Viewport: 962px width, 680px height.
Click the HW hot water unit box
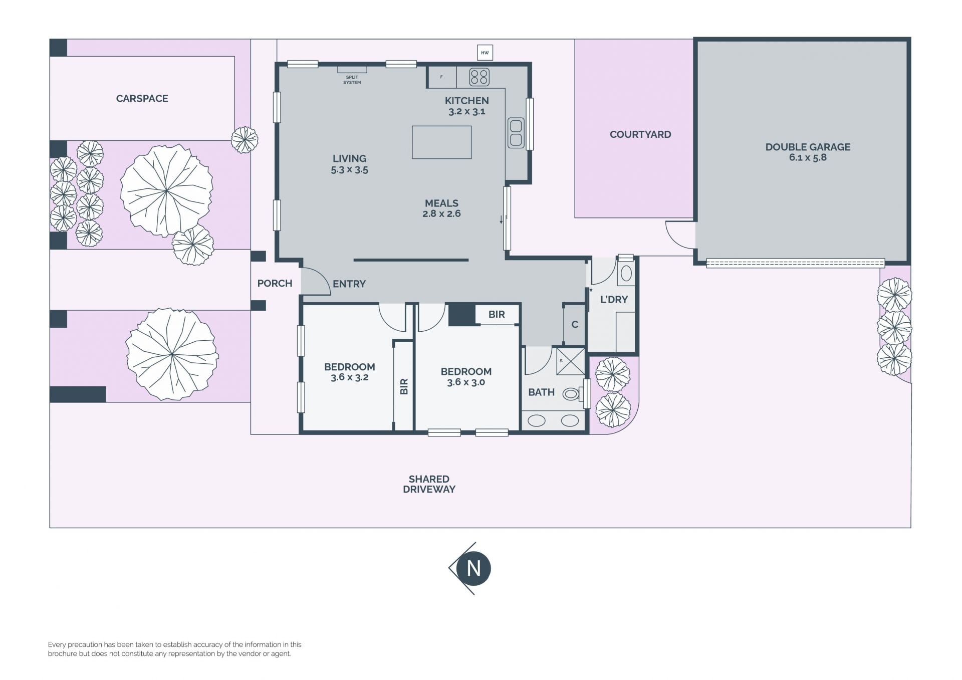click(x=485, y=53)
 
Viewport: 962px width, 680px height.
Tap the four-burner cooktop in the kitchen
click(x=479, y=77)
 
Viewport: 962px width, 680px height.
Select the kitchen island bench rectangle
click(x=441, y=142)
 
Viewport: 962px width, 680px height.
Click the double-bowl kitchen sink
click(x=516, y=133)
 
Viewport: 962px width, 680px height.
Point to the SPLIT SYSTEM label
click(x=352, y=80)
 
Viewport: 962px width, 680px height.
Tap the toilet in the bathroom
click(x=573, y=394)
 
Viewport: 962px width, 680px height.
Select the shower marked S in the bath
click(x=571, y=361)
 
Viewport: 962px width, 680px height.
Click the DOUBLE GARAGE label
click(x=808, y=147)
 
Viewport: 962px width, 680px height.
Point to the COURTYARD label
click(x=640, y=134)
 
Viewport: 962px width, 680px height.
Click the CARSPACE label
click(x=142, y=99)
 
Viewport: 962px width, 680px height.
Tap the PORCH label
click(x=275, y=284)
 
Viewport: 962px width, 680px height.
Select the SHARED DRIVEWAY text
click(x=429, y=484)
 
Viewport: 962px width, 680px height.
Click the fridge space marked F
click(x=441, y=77)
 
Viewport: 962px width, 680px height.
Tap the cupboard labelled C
click(x=575, y=324)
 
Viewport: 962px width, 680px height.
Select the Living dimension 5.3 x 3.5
click(x=349, y=170)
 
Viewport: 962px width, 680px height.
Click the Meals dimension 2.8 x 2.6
click(x=441, y=214)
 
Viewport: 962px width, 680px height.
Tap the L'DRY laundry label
click(x=614, y=300)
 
